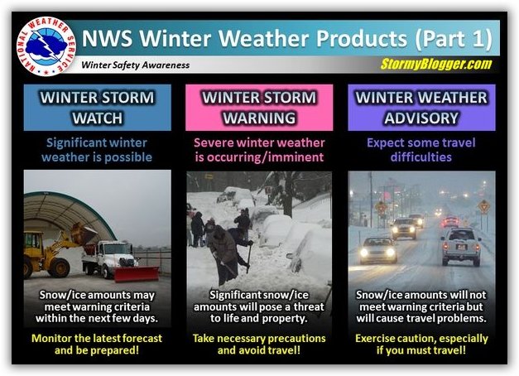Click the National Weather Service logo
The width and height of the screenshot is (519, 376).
46,46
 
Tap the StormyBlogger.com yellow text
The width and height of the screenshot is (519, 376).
436,64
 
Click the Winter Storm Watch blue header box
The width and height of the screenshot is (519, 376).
98,108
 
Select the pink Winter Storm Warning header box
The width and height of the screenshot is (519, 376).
259,108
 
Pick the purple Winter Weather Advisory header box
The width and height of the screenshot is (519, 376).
421,108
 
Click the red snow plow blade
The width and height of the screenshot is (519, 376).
137,273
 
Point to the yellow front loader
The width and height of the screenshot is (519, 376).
53,250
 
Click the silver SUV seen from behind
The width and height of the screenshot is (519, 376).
461,247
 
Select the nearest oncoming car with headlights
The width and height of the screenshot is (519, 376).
378,250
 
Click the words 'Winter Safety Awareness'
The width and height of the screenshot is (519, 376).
136,65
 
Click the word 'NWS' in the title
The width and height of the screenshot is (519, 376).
107,38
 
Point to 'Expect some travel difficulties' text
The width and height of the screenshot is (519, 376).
421,150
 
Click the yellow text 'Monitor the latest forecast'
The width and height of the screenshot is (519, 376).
97,338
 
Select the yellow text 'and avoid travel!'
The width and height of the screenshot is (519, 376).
259,350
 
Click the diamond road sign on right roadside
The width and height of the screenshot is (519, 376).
484,207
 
